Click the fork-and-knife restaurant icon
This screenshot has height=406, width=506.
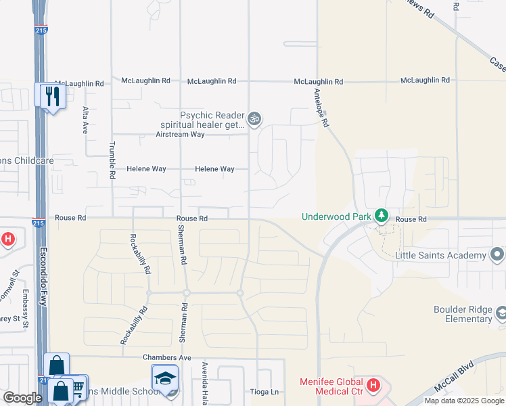51,95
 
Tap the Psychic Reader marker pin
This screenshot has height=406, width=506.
254,120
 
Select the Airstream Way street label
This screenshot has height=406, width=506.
180,135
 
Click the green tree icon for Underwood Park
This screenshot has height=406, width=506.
382,217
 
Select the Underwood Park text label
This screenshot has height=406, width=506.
336,217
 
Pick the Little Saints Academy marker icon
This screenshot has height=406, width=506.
499,255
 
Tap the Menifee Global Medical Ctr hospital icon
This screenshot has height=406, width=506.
373,386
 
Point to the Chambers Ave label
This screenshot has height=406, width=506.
167,357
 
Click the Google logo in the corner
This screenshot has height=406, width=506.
22,398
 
